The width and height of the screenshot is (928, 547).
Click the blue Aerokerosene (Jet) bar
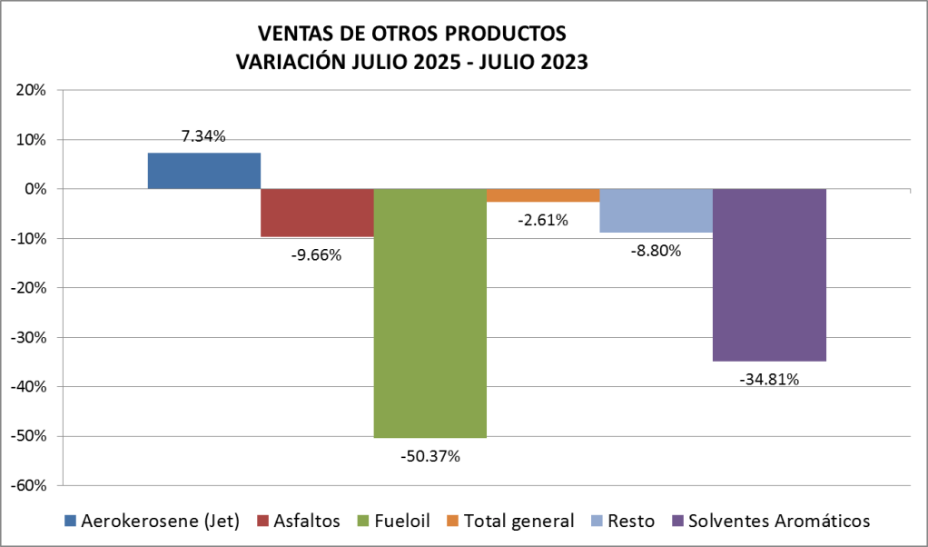point(203,171)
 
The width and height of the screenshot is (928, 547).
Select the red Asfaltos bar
point(317,213)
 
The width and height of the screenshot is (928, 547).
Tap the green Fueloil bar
point(429,313)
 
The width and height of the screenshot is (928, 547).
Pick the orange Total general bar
point(542,195)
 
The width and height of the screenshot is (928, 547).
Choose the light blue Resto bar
point(656,211)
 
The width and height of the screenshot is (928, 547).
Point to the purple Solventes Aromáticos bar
point(769,274)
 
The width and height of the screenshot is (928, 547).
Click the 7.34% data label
point(203,136)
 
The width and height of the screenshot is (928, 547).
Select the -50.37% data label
point(429,456)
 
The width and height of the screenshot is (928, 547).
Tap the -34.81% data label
point(769,379)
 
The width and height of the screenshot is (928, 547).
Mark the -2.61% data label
point(543,219)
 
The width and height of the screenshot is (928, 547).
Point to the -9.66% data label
point(316,255)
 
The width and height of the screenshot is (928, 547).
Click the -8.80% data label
point(656,251)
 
